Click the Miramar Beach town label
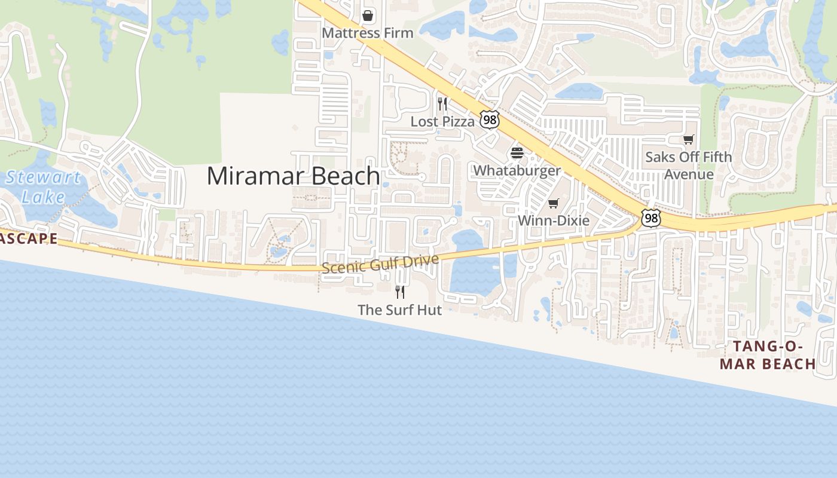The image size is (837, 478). pyautogui.click(x=293, y=176)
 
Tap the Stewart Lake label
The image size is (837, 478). pyautogui.click(x=42, y=187)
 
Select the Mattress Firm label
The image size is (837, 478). pyautogui.click(x=368, y=33)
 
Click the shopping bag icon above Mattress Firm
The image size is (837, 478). pyautogui.click(x=368, y=15)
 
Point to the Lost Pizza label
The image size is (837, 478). pyautogui.click(x=442, y=121)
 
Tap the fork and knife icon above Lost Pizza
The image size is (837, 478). pyautogui.click(x=442, y=104)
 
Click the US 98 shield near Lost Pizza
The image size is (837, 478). pyautogui.click(x=490, y=120)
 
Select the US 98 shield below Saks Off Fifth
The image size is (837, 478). pyautogui.click(x=651, y=218)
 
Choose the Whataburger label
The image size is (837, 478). pyautogui.click(x=517, y=170)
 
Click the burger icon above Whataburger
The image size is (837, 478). pyautogui.click(x=517, y=153)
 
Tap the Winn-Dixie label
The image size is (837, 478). pyautogui.click(x=554, y=220)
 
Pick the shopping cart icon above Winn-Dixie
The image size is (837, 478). pyautogui.click(x=554, y=204)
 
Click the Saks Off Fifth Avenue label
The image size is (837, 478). pyautogui.click(x=689, y=166)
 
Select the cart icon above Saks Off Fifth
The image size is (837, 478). pyautogui.click(x=689, y=140)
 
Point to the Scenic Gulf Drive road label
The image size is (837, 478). pyautogui.click(x=380, y=263)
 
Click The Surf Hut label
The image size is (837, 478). pyautogui.click(x=400, y=310)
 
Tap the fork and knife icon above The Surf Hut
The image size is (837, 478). pyautogui.click(x=400, y=292)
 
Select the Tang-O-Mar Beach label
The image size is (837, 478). pyautogui.click(x=768, y=355)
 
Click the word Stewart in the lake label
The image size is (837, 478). pyautogui.click(x=43, y=177)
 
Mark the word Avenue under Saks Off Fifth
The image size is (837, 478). pyautogui.click(x=689, y=174)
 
